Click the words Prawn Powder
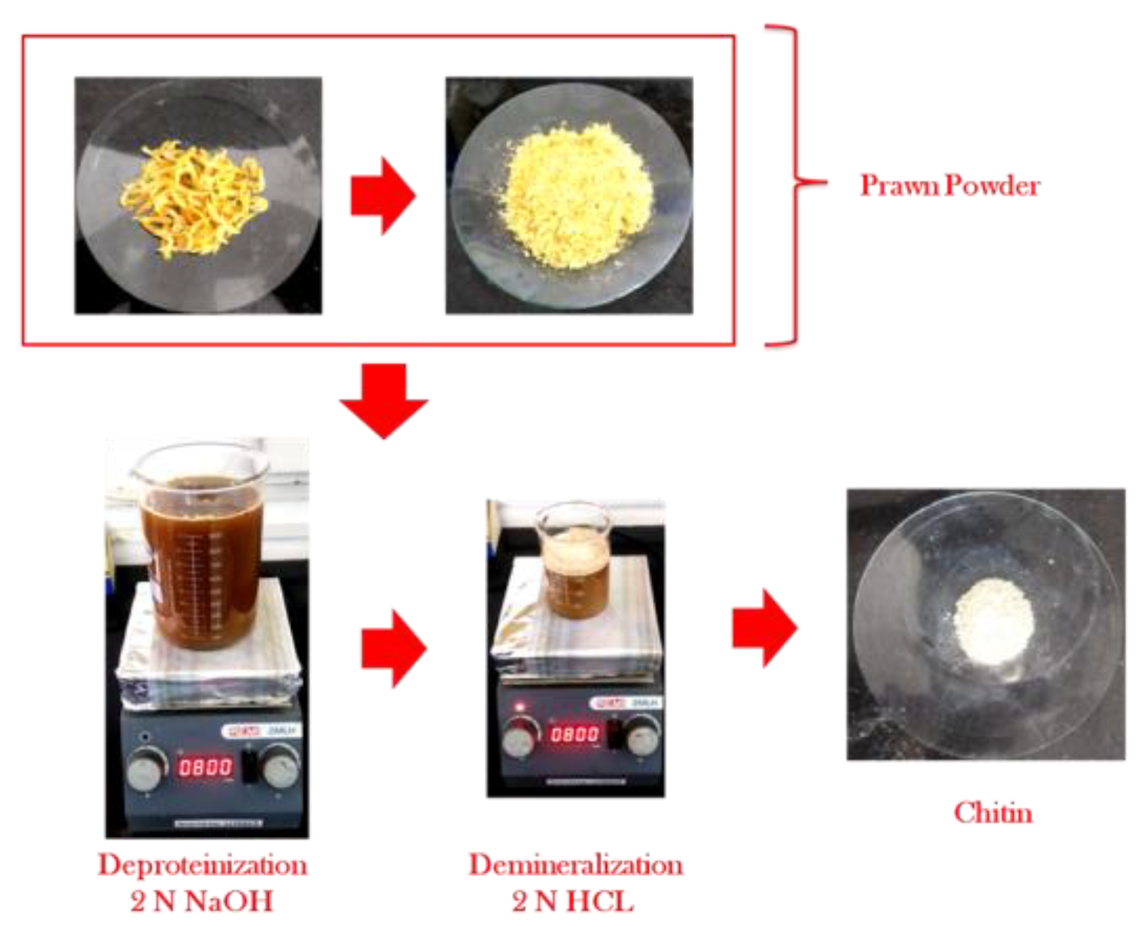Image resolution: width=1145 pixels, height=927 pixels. click(x=950, y=186)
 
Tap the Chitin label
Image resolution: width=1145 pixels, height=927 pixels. click(x=993, y=813)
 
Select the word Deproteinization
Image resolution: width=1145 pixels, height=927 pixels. click(x=202, y=866)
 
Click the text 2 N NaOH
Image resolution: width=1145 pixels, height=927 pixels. click(x=202, y=901)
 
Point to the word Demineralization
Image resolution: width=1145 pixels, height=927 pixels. click(x=575, y=866)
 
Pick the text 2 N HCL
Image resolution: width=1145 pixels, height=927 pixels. click(x=572, y=901)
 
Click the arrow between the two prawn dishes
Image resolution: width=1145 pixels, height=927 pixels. click(x=383, y=195)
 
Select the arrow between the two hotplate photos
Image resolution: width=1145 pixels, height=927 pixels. click(x=393, y=648)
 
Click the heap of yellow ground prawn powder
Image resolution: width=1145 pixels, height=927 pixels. click(x=577, y=197)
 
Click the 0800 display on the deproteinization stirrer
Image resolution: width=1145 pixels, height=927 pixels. click(x=205, y=768)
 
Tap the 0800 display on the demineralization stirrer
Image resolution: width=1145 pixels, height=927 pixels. click(x=575, y=734)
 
